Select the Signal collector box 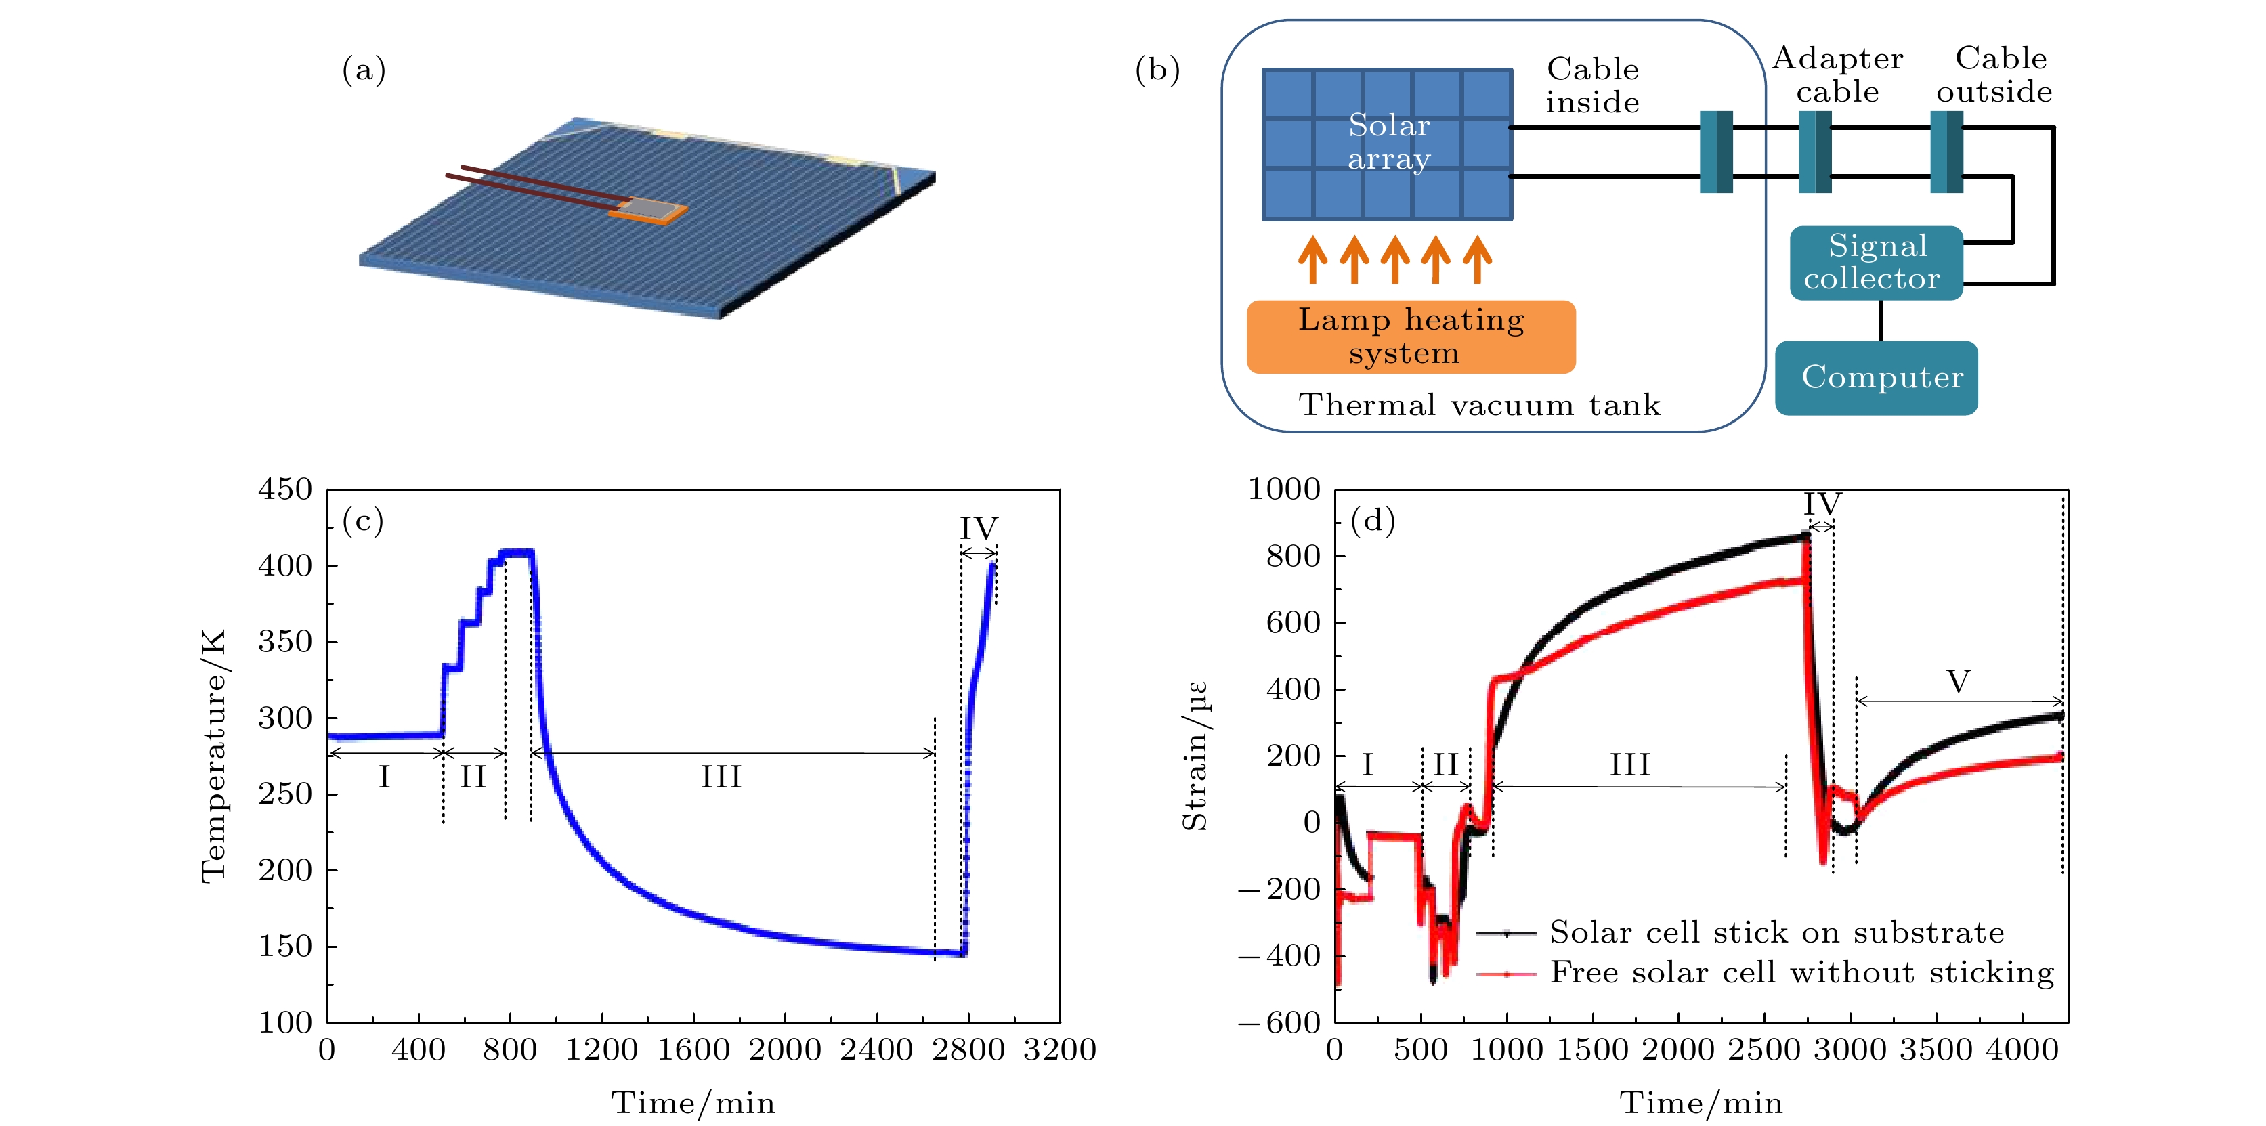(x=1875, y=262)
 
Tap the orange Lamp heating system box (x=1410, y=336)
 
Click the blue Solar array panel (x=1387, y=144)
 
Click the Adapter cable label (x=1837, y=74)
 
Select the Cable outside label (x=1994, y=74)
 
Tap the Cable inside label (x=1592, y=85)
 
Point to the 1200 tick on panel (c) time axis (x=601, y=1049)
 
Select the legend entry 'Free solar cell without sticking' (x=1801, y=972)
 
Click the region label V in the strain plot (x=1958, y=681)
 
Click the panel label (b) (x=1157, y=70)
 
